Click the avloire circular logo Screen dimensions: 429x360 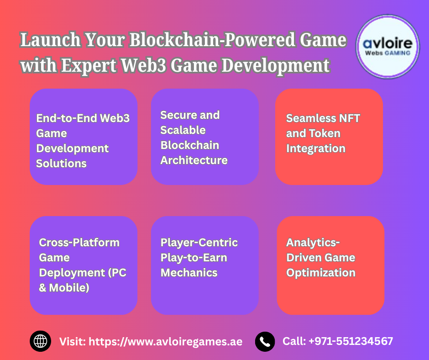(387, 47)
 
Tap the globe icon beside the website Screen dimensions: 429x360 (41, 341)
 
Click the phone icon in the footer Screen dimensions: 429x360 (265, 342)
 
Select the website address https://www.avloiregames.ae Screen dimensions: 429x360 (166, 342)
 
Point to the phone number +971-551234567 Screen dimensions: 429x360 (351, 341)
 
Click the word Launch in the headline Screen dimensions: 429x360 (50, 40)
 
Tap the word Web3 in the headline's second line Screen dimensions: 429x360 (143, 65)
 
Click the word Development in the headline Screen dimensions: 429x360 (276, 66)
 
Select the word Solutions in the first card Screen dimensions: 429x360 (61, 164)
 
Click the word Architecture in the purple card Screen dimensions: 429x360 (194, 160)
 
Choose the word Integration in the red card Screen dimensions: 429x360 (316, 149)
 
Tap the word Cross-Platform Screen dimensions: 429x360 (79, 243)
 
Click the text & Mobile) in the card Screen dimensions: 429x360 (64, 288)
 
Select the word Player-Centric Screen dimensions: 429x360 (199, 243)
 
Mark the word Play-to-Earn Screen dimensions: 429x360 (194, 258)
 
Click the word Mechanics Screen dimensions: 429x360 (189, 273)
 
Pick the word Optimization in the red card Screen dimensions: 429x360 (321, 273)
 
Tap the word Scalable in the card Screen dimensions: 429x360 (183, 130)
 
